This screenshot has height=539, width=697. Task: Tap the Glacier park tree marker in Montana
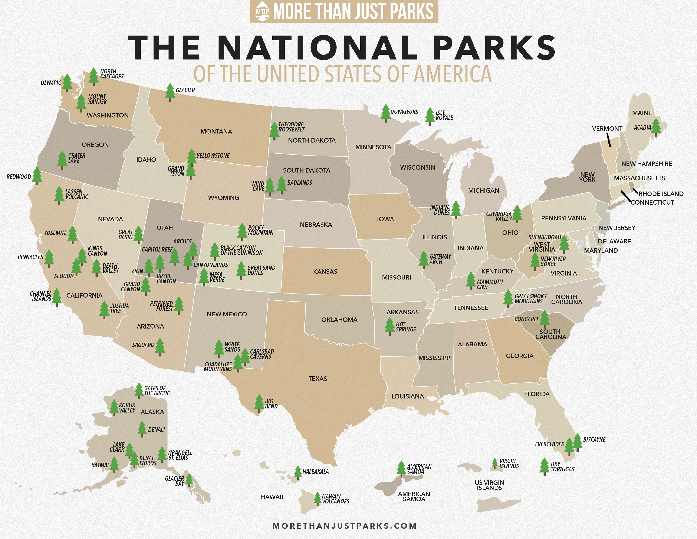[x=170, y=92]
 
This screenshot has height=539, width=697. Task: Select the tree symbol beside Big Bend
[x=259, y=403]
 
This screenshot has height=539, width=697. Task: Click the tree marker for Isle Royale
[x=430, y=116]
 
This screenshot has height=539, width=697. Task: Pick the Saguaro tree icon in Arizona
[x=160, y=346]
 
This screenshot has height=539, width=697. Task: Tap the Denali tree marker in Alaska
[x=142, y=429]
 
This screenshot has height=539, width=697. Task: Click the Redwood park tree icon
[x=37, y=175]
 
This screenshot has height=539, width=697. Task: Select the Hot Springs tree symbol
[x=390, y=326]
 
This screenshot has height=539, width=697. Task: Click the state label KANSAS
[x=325, y=271]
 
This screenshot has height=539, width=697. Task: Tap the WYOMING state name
[x=224, y=198]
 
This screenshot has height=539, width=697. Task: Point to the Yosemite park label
[x=55, y=233]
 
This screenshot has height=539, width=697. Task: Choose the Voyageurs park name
[x=404, y=112]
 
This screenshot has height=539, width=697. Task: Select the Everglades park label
[x=549, y=444]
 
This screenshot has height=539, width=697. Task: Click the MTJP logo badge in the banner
[x=262, y=11]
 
